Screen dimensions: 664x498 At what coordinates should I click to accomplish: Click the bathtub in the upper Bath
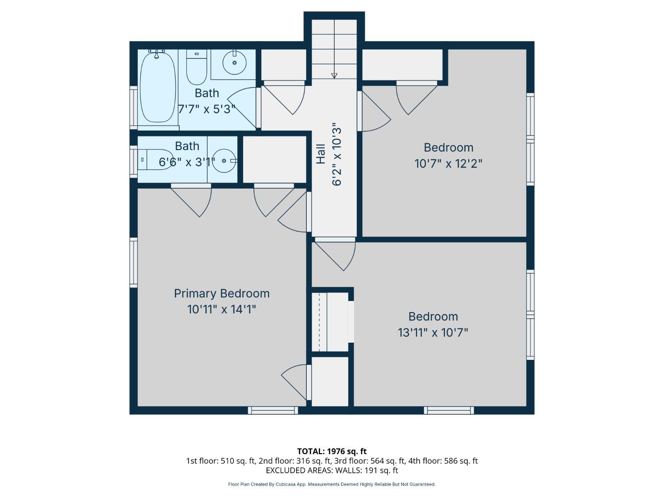tap(158, 87)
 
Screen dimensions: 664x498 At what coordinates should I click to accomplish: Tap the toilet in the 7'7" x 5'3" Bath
tap(197, 67)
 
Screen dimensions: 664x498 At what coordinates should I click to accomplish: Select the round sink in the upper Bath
tap(235, 63)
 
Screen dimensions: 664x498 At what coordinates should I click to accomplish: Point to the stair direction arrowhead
tap(334, 76)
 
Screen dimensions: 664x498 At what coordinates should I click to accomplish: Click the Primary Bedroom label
tap(222, 293)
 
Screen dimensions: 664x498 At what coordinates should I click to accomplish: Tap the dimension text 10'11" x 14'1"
tap(222, 309)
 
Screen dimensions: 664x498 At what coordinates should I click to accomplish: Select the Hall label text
tap(320, 154)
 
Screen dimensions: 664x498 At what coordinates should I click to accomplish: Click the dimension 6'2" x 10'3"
tap(337, 154)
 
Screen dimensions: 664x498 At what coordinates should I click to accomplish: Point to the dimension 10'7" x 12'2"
tap(448, 164)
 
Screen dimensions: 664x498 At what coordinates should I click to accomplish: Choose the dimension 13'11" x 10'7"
tap(433, 332)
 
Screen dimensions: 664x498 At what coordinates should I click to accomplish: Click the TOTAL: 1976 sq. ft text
tap(332, 452)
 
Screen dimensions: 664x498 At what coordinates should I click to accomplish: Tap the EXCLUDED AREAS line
tap(332, 471)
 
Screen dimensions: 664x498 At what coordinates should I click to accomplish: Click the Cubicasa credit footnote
tap(332, 484)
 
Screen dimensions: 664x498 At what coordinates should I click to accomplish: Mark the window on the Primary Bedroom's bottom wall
tap(273, 410)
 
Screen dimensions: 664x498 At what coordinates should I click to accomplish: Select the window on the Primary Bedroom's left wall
tap(133, 263)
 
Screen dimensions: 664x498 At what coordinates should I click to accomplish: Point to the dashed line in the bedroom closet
tap(319, 322)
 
